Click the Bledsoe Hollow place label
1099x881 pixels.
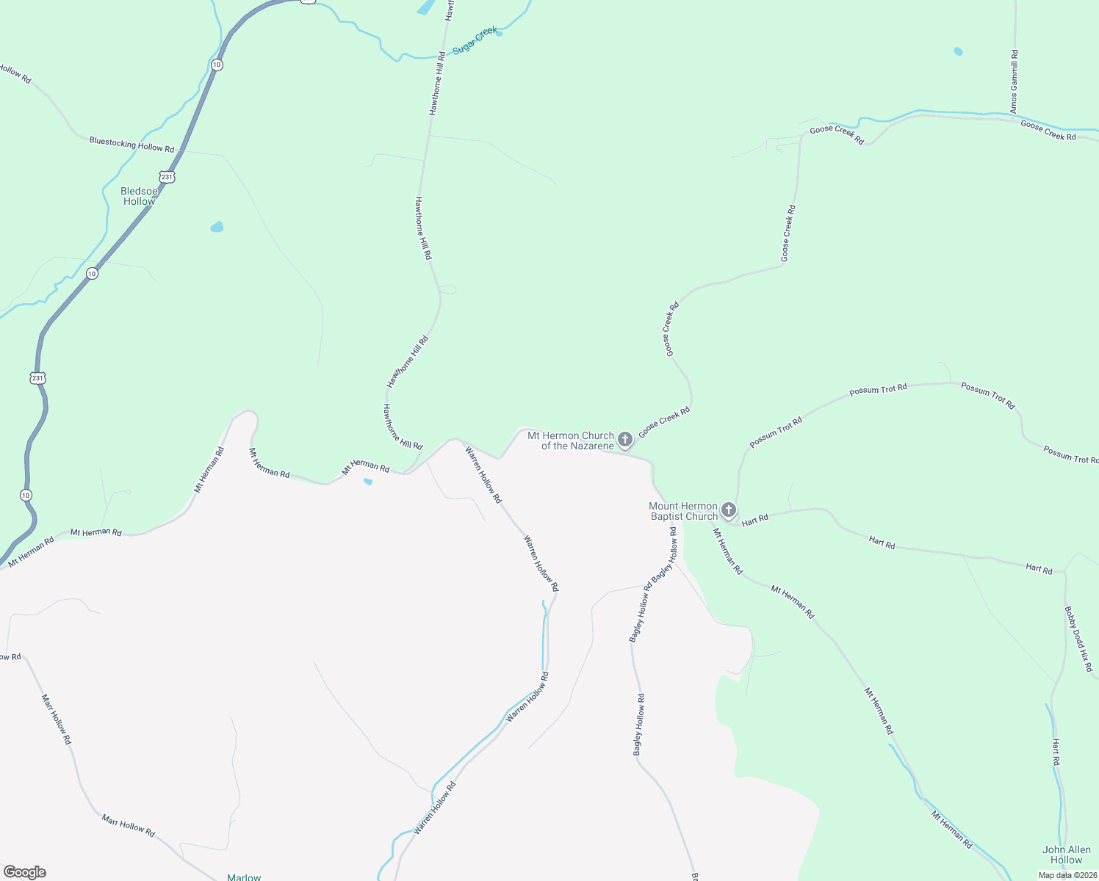(x=139, y=197)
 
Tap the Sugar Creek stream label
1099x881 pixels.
(x=475, y=40)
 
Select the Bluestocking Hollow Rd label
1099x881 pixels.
(x=131, y=144)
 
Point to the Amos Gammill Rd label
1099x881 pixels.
(x=1014, y=81)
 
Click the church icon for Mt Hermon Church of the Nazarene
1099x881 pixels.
(x=624, y=440)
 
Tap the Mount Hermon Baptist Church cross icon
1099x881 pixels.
(x=728, y=510)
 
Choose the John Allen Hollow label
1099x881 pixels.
(x=1066, y=855)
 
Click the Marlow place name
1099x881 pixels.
(x=244, y=877)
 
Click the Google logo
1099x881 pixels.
(x=24, y=872)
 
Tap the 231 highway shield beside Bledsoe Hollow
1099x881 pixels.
(x=167, y=177)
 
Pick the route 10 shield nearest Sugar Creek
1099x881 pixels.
(x=217, y=65)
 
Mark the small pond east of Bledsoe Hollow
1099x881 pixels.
(x=217, y=227)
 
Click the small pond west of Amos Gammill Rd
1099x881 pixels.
(x=958, y=51)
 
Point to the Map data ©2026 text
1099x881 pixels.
(x=1067, y=875)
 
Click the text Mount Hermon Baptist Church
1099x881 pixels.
(x=682, y=511)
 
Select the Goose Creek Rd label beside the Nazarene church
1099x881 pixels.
(x=664, y=423)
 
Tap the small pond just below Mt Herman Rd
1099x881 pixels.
(x=368, y=482)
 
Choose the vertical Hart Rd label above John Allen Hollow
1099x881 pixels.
(x=1056, y=753)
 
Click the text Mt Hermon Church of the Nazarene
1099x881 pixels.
(x=571, y=440)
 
